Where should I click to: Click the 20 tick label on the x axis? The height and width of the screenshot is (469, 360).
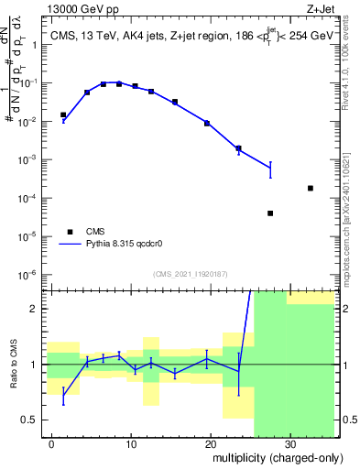[x=211, y=443]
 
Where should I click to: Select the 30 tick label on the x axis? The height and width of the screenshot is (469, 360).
[x=290, y=443]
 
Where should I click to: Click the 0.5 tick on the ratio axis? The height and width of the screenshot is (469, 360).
[x=33, y=420]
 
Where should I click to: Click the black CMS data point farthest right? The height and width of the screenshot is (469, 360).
[x=311, y=188]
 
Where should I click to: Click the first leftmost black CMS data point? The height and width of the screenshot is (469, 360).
[x=63, y=115]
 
